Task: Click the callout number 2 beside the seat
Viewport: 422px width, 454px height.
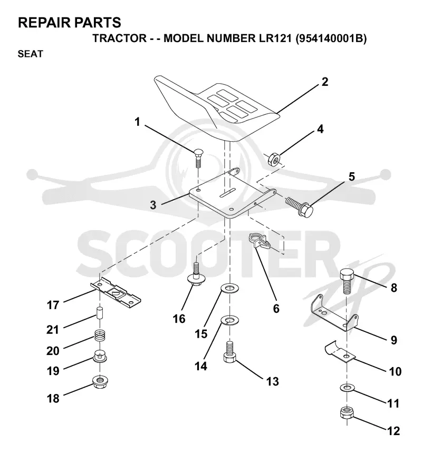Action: [325, 82]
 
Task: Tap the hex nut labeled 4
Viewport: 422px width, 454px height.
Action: [273, 159]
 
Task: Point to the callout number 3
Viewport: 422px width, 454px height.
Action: [153, 205]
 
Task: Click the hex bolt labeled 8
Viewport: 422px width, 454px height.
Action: [347, 280]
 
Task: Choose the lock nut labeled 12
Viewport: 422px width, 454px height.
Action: [347, 412]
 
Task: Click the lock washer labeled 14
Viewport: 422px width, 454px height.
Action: [229, 321]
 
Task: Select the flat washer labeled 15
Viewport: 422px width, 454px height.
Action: [229, 289]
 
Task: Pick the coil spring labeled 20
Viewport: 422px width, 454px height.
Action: [100, 336]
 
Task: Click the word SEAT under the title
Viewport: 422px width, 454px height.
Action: [31, 54]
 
